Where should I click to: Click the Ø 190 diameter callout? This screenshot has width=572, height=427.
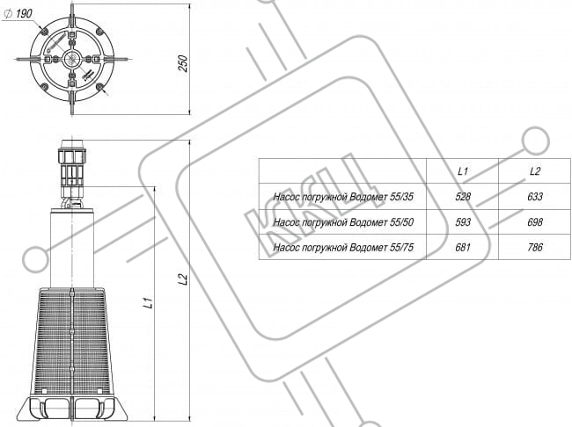18,14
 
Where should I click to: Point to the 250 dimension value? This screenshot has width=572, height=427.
184,63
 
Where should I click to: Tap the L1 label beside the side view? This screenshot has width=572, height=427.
148,303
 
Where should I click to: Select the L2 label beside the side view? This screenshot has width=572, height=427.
184,279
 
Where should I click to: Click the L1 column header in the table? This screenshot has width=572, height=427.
463,171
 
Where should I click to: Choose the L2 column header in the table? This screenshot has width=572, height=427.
535,171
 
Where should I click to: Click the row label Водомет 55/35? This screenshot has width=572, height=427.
343,197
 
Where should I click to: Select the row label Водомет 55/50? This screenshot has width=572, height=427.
343,222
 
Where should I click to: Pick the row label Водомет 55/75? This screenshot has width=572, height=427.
343,248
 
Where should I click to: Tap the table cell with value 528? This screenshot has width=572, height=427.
463,197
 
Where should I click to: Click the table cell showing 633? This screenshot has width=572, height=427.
535,197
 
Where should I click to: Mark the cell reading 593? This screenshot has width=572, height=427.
463,222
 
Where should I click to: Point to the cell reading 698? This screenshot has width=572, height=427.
535,222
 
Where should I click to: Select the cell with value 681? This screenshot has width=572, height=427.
463,248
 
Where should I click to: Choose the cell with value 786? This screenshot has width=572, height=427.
535,248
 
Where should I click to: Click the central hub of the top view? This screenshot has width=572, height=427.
72,59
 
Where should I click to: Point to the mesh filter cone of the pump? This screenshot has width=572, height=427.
72,342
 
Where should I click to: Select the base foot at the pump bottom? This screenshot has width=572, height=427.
72,409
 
